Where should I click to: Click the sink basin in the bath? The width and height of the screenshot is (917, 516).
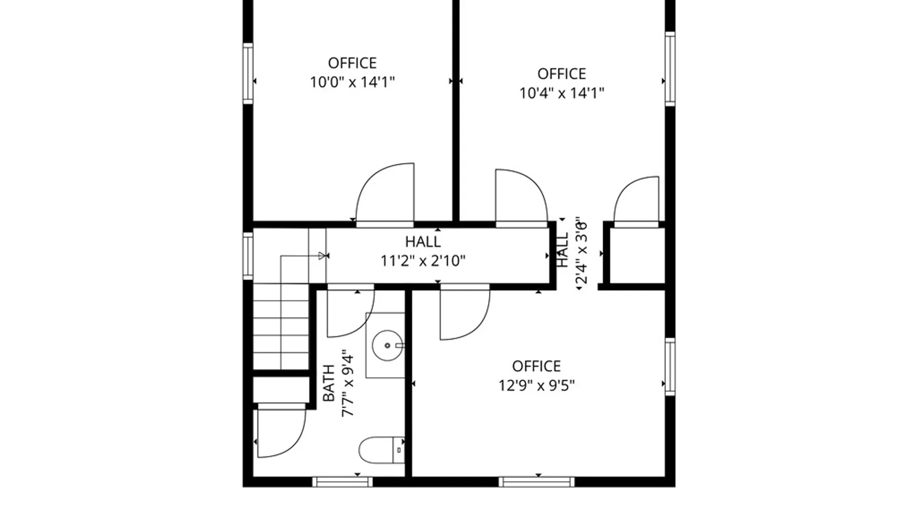(x=387, y=345)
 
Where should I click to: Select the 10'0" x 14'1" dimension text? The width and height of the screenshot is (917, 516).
(x=352, y=83)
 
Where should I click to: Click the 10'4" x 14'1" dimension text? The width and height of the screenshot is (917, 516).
(x=562, y=93)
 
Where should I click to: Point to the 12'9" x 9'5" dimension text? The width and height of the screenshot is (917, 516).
(x=537, y=386)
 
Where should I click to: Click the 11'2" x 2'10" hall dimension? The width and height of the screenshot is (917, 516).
(x=423, y=261)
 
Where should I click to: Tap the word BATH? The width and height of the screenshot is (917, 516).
(x=329, y=383)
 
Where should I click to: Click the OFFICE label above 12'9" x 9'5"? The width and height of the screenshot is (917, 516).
(x=536, y=366)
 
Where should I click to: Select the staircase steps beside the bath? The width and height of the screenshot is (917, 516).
(x=281, y=327)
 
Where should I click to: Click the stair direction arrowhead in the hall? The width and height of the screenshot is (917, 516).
(x=322, y=256)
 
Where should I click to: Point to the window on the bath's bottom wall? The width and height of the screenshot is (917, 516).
(x=342, y=482)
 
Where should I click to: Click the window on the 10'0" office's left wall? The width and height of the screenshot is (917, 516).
(x=248, y=73)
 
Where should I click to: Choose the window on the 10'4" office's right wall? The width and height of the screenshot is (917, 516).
(x=670, y=69)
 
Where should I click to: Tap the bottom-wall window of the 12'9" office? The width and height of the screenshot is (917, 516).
(x=537, y=482)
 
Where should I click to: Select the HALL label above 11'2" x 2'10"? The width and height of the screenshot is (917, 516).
(x=423, y=242)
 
